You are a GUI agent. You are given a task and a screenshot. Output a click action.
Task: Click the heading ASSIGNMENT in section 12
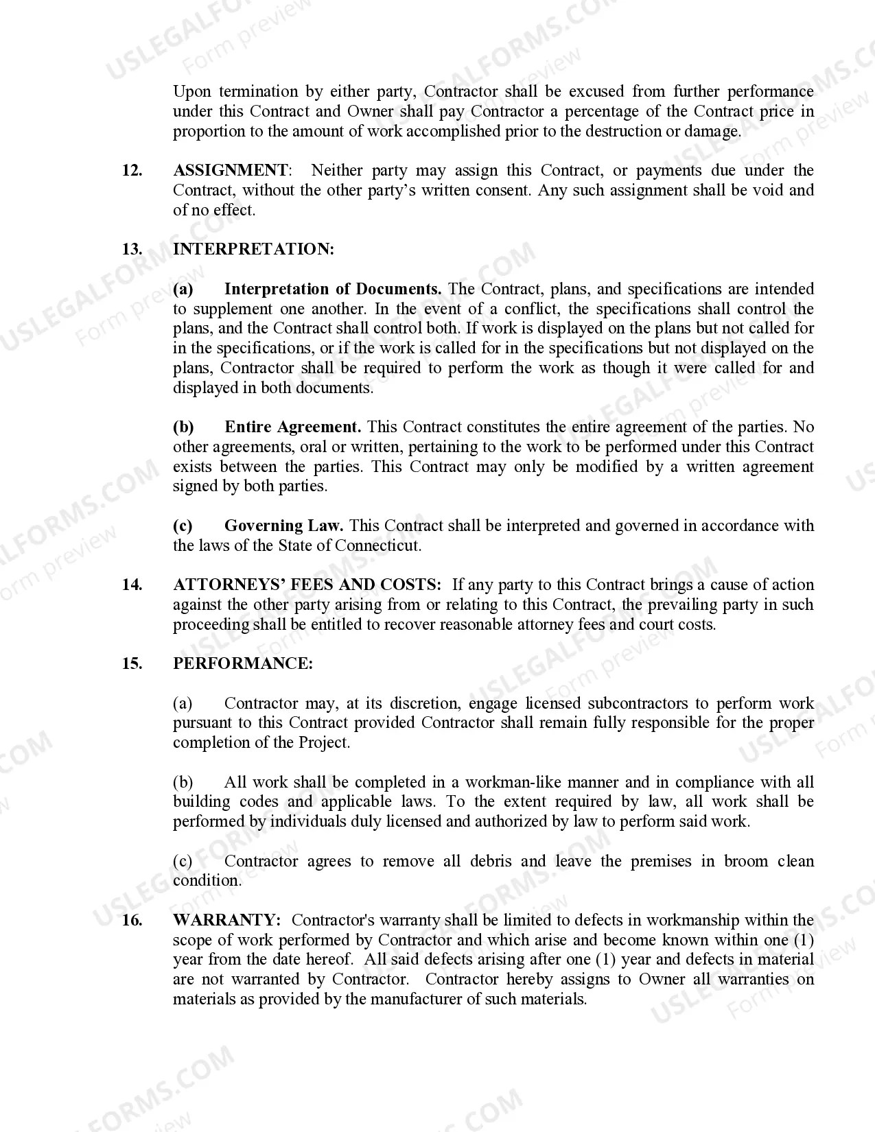point(231,170)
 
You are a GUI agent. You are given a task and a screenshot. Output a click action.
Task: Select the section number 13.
point(132,249)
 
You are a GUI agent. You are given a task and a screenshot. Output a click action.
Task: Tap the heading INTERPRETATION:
point(253,249)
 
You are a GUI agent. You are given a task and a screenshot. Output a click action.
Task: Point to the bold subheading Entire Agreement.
point(293,427)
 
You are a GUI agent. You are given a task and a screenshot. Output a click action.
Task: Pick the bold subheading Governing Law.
point(283,526)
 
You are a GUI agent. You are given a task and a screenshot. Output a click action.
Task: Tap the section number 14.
point(132,585)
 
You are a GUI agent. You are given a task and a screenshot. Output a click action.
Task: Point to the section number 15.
point(132,663)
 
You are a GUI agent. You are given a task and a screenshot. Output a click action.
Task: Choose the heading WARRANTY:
point(226,920)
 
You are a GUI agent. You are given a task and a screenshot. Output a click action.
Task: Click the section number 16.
point(132,920)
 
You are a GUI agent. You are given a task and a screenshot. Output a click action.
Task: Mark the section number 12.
point(132,170)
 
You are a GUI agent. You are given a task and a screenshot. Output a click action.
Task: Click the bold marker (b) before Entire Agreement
point(183,427)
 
